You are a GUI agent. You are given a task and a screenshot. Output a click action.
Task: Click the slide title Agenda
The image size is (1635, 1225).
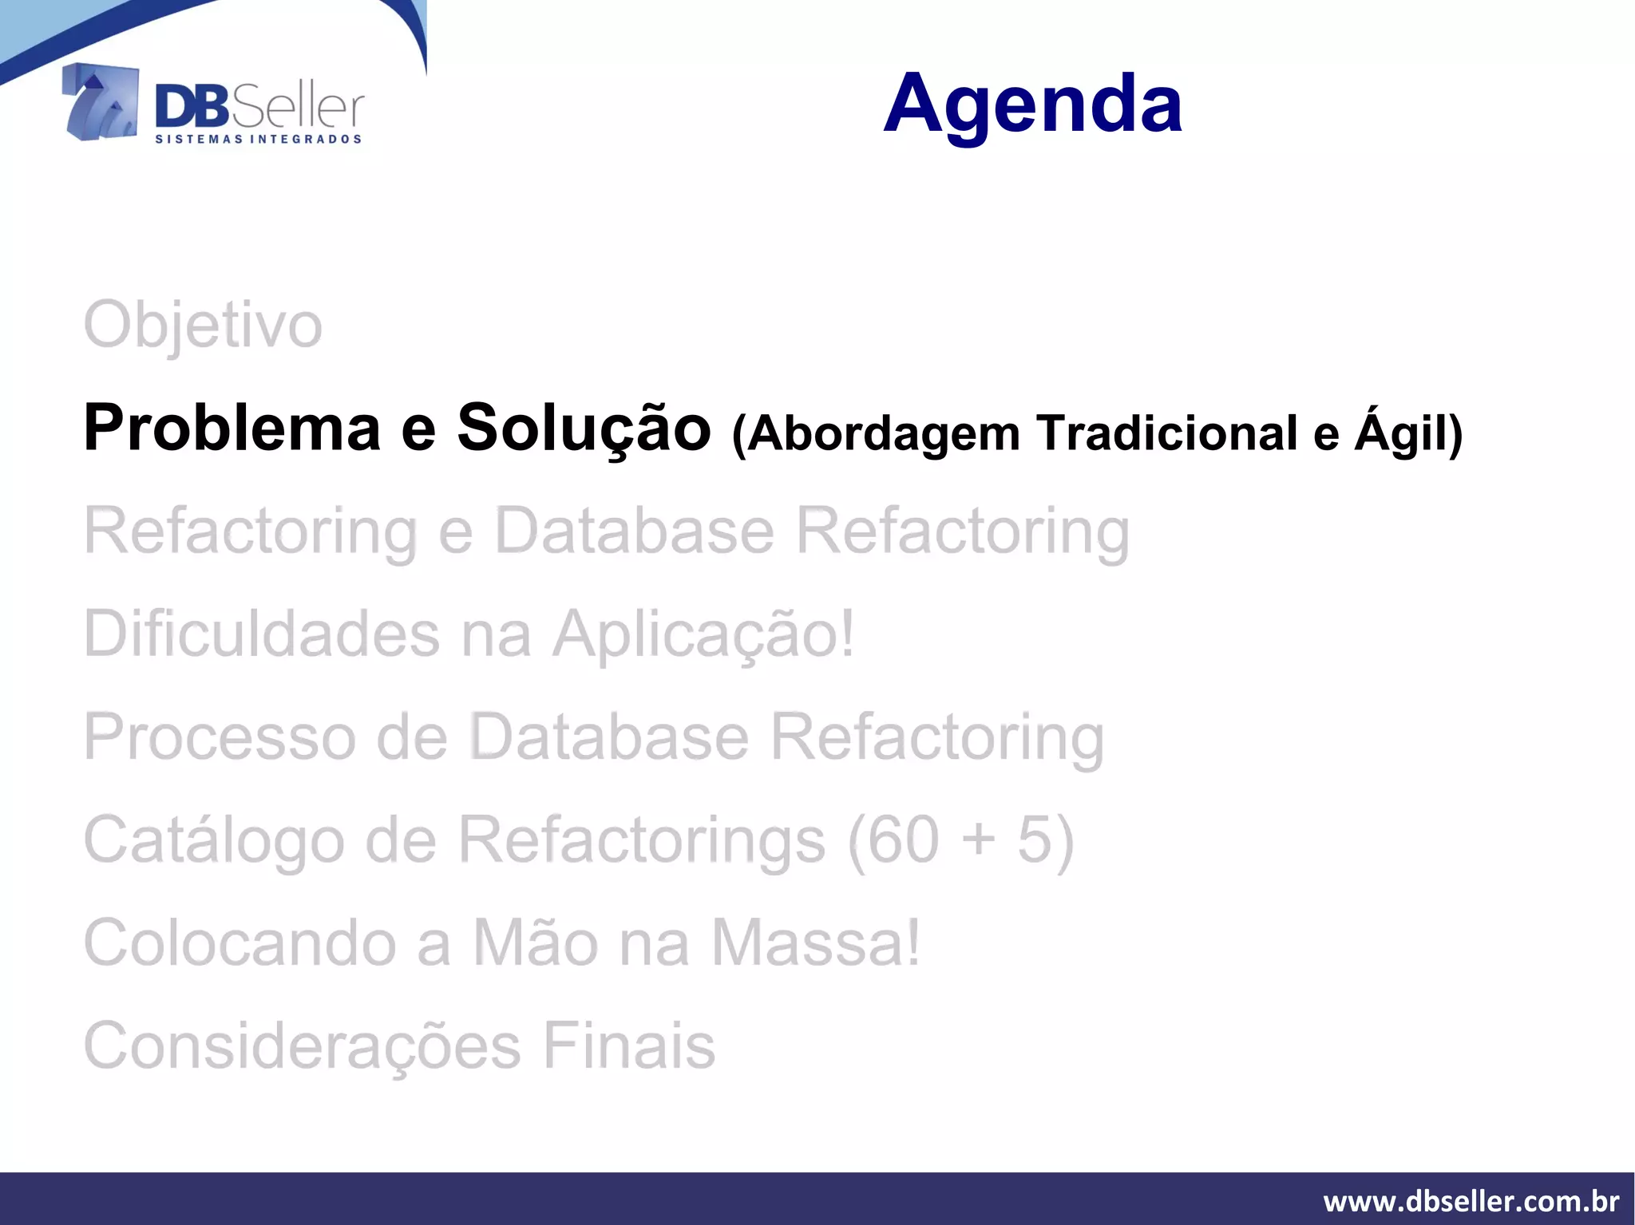click(1032, 104)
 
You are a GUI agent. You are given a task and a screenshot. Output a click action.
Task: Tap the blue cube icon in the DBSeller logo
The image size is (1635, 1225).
click(101, 102)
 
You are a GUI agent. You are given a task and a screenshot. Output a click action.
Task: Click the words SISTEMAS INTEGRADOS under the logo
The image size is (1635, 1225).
click(258, 139)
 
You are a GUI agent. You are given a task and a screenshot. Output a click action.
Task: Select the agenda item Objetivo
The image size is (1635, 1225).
click(203, 326)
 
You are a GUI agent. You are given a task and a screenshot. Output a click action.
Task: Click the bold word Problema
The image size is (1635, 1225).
click(232, 429)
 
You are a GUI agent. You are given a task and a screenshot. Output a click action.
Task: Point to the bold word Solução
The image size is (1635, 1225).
click(584, 429)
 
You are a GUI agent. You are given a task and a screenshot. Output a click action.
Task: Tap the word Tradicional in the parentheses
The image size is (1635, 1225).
click(1168, 433)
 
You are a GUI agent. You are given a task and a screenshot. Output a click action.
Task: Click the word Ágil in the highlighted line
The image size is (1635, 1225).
click(1407, 433)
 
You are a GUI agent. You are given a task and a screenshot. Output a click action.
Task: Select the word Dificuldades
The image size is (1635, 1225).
click(262, 634)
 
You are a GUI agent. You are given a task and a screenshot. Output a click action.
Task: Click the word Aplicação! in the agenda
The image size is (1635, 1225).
click(703, 634)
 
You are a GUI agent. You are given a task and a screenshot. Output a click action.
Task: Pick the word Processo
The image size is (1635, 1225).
click(220, 737)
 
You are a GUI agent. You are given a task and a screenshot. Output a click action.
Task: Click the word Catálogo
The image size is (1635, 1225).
click(214, 840)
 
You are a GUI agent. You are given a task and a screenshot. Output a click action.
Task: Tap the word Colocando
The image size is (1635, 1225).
click(240, 942)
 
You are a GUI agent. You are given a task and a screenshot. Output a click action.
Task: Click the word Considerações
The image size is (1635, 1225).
click(303, 1045)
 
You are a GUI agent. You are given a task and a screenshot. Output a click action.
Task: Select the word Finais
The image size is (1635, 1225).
click(629, 1045)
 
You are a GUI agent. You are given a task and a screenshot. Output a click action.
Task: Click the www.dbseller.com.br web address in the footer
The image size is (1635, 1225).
click(1471, 1201)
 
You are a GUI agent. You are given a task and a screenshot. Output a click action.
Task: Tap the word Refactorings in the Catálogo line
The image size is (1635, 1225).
click(642, 840)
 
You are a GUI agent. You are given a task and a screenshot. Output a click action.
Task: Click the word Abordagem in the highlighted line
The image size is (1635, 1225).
click(884, 433)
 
